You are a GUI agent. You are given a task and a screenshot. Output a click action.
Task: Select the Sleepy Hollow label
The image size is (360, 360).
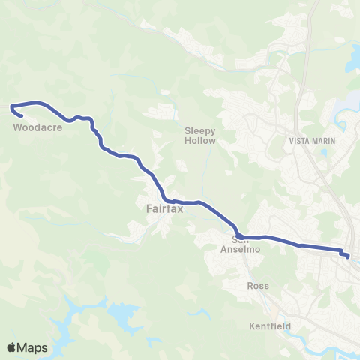200,136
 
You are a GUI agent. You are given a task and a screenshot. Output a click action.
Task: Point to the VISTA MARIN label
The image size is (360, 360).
311,140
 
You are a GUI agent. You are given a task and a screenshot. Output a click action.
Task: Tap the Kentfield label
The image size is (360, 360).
270,325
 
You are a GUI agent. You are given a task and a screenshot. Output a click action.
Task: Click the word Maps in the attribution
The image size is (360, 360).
34,347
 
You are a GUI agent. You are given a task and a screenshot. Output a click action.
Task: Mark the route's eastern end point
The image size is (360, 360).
347,256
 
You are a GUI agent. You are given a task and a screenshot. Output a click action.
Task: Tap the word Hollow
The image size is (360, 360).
200,140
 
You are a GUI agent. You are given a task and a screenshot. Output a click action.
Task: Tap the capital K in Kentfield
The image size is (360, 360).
252,325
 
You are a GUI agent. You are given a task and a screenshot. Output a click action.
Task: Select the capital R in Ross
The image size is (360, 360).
250,286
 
